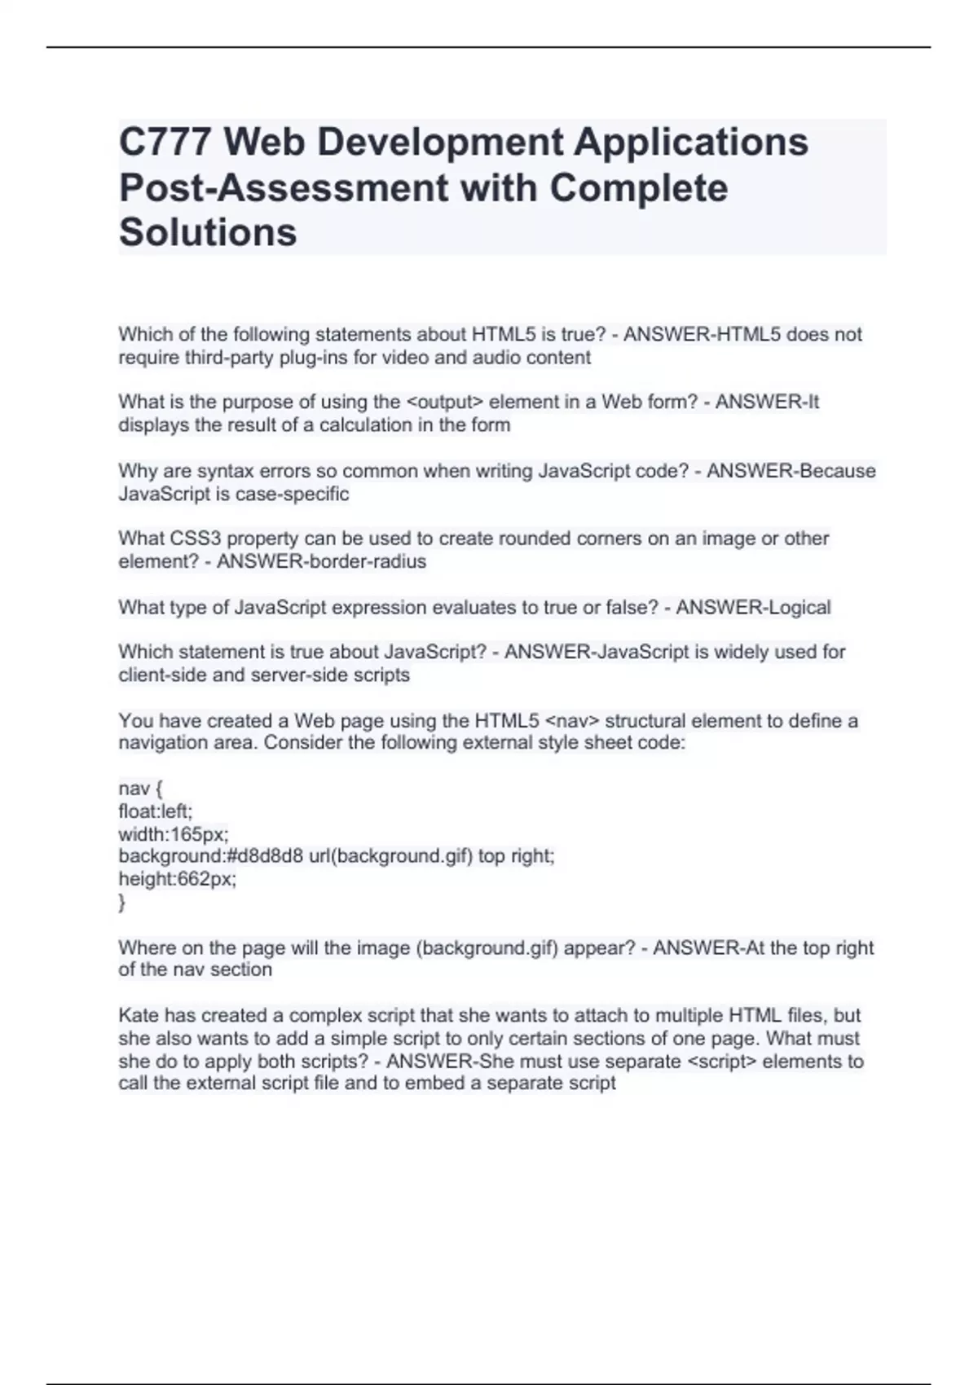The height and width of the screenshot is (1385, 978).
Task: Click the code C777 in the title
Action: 165,143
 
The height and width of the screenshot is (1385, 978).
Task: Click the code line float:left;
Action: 156,811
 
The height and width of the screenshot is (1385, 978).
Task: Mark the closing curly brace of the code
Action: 122,902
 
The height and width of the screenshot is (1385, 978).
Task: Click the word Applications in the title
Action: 691,143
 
